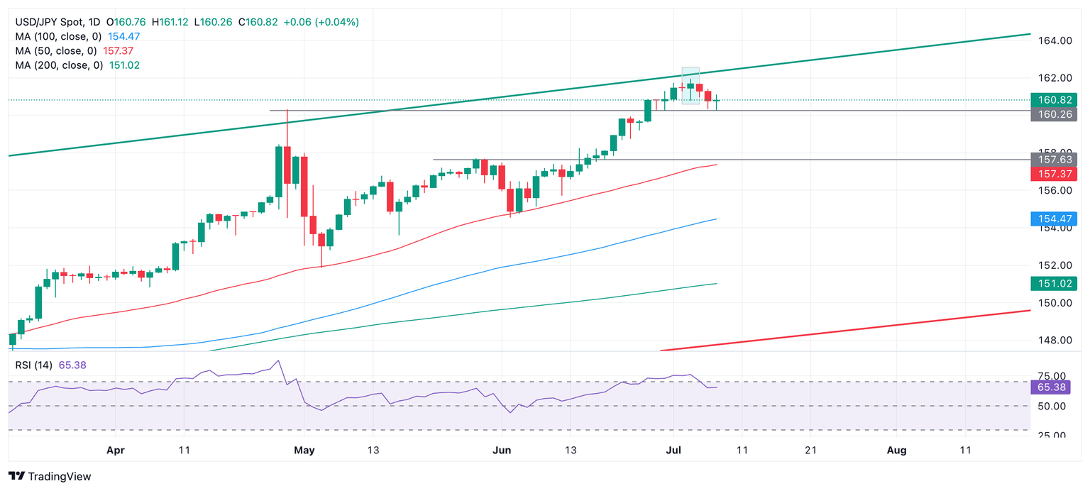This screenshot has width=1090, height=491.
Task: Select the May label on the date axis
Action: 304,450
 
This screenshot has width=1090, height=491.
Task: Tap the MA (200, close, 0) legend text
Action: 60,65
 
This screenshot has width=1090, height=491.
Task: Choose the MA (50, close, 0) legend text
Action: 57,51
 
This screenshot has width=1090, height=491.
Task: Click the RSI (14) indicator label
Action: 35,365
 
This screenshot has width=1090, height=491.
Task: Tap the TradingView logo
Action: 50,477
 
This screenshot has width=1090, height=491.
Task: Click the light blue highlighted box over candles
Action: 690,86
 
